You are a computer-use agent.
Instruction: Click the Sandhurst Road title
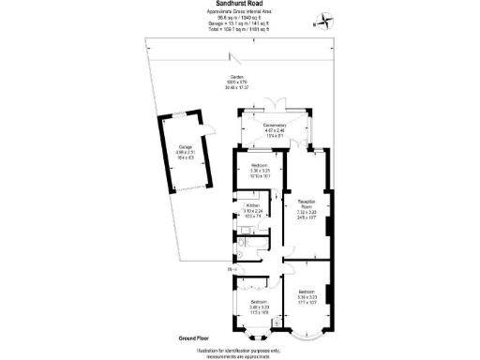click(x=239, y=4)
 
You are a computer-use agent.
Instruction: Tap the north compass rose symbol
click(x=322, y=20)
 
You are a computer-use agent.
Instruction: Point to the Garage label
click(x=186, y=150)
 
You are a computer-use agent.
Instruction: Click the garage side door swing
click(x=212, y=131)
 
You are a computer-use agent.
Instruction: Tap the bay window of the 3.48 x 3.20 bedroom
click(x=252, y=333)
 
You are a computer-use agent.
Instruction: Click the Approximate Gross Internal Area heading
click(x=239, y=12)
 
